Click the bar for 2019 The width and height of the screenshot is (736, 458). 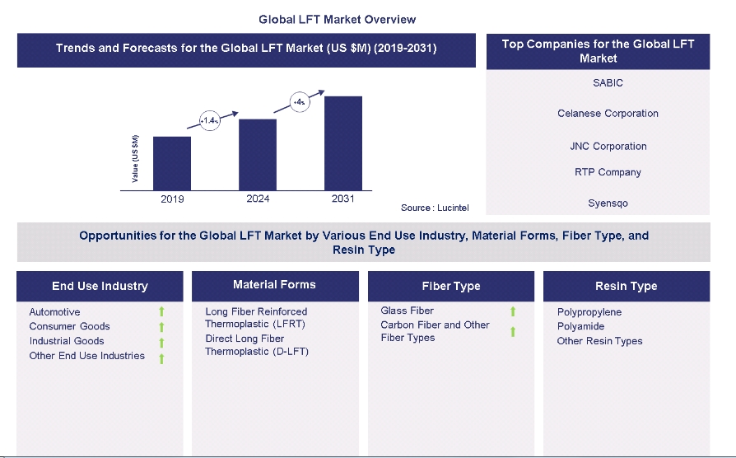pos(172,163)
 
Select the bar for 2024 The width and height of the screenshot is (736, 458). pos(258,155)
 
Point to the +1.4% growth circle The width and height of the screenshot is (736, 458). pos(209,120)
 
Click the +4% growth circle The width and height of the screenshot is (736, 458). pos(299,102)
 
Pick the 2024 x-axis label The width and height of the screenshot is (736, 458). pos(258,199)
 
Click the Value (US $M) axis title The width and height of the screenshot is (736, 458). pos(136,159)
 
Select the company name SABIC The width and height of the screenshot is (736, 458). pos(608,83)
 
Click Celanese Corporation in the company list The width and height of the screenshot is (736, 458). pos(608,114)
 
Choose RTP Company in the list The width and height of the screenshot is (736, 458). pos(608,172)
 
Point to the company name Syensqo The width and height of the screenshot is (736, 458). pos(608,203)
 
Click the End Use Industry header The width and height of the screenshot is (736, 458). pos(100,286)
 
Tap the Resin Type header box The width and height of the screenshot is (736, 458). pos(626,286)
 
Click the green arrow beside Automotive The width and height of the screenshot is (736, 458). pos(161,312)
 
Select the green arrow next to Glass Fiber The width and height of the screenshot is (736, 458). pos(512,311)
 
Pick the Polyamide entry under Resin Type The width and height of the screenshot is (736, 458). pos(580,326)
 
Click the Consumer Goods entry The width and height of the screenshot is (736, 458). pos(69,326)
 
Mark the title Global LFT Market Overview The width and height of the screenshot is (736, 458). pos(338,19)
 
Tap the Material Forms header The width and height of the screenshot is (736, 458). pos(274,285)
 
